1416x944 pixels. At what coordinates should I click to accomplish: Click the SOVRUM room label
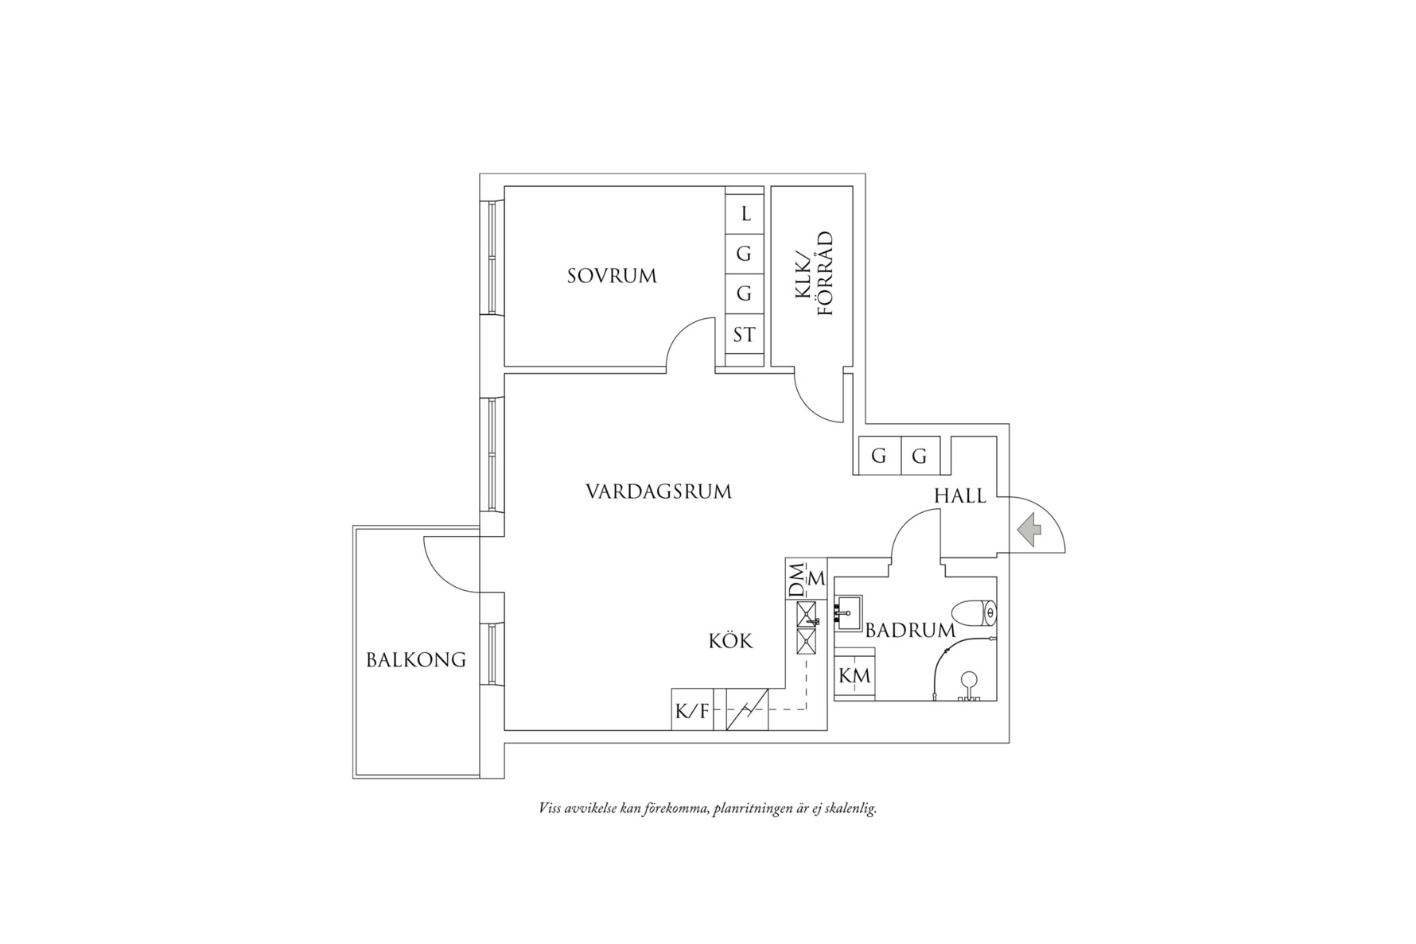pos(612,276)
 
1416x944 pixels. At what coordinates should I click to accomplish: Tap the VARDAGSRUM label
pos(658,491)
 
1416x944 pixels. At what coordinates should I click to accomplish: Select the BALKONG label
pos(416,659)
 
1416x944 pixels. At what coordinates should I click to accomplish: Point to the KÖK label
pos(730,640)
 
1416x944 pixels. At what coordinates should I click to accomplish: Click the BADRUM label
pos(910,631)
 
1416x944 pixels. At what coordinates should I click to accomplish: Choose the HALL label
pos(959,496)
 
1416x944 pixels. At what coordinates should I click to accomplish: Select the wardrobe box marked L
pos(745,214)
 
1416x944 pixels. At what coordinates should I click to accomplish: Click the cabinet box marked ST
pos(744,335)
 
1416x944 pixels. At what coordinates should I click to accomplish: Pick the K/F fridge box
pos(691,711)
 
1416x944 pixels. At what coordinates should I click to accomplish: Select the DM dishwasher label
pos(796,578)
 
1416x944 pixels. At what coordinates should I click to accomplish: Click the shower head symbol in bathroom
pos(968,680)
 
